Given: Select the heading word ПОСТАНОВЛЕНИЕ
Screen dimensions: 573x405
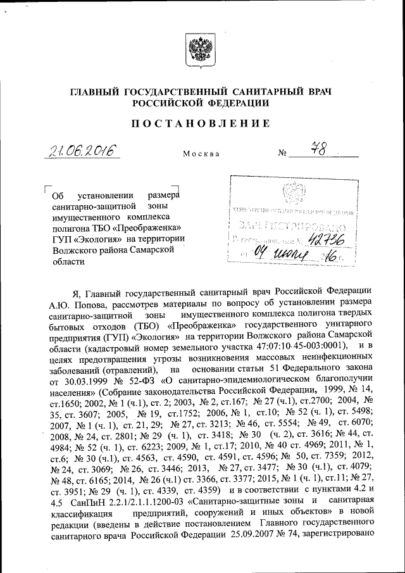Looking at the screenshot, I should click(x=201, y=123).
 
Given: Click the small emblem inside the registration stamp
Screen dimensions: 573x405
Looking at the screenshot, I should click(x=292, y=191).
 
